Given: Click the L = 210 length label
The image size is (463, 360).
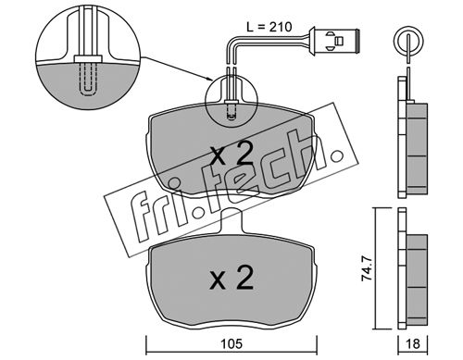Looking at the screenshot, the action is click(269, 27).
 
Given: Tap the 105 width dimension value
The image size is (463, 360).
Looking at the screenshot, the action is click(231, 343).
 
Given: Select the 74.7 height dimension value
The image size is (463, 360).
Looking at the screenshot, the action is click(368, 269).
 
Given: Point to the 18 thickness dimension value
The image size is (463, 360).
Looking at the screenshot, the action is click(413, 343).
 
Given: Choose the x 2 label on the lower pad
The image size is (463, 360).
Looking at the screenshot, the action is click(231, 278).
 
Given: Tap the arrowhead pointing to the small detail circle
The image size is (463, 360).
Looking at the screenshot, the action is click(209, 80).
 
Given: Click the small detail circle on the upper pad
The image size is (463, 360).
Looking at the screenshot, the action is click(231, 102).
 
